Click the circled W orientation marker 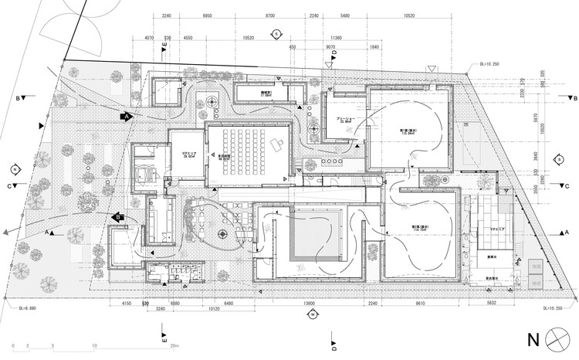pos(313,314)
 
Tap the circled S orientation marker pos(557,159)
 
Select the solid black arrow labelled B pos(120,218)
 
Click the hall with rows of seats pos(247,151)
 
